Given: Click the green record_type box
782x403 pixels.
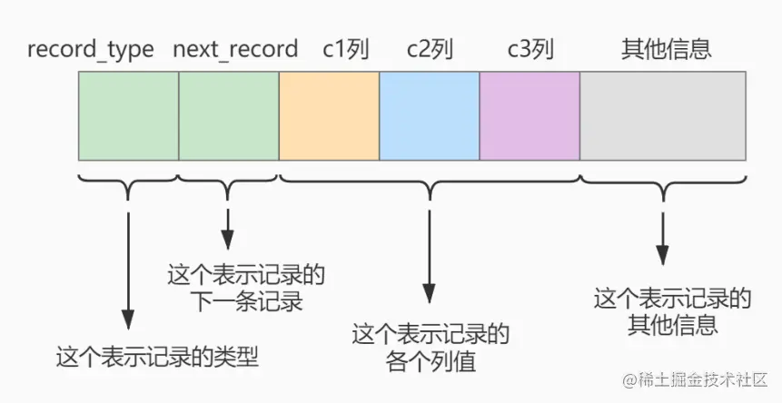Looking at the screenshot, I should [x=128, y=115].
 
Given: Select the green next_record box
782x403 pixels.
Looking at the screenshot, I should [x=229, y=115].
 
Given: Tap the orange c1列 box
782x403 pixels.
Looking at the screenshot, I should [x=329, y=115].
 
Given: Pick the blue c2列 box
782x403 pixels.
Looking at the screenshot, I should [x=429, y=115].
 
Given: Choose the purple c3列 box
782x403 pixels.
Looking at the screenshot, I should [x=530, y=115].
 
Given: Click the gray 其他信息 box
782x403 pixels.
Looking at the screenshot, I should [x=663, y=115].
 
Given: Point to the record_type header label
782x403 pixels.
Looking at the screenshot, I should [x=91, y=49].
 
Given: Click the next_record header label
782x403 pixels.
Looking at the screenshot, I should [x=235, y=49].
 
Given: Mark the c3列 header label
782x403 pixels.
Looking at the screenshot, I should [x=530, y=49].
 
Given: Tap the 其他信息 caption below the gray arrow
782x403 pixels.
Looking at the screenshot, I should [x=673, y=310].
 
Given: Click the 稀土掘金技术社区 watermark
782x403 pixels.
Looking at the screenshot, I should [x=695, y=378].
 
